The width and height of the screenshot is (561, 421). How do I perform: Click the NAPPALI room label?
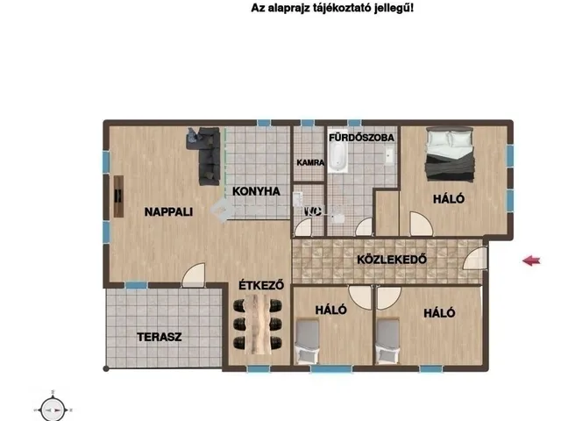click(x=168, y=211)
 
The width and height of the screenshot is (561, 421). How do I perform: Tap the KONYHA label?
click(x=256, y=191)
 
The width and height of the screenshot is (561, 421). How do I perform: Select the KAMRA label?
click(x=310, y=162)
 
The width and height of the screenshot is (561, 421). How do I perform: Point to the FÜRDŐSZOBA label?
click(x=361, y=138)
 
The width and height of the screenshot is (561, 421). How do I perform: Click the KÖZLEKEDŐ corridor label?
click(x=391, y=260)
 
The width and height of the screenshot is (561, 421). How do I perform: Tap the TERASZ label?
click(x=159, y=336)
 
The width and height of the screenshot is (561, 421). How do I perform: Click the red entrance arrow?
click(x=531, y=260)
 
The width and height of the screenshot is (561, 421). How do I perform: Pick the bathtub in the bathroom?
click(x=338, y=159)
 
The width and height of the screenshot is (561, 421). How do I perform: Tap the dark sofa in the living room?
click(x=207, y=153)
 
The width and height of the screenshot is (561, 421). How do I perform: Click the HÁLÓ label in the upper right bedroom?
click(x=448, y=199)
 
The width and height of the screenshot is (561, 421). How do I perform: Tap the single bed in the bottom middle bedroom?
click(x=307, y=343)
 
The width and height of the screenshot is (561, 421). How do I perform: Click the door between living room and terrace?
click(x=194, y=279)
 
